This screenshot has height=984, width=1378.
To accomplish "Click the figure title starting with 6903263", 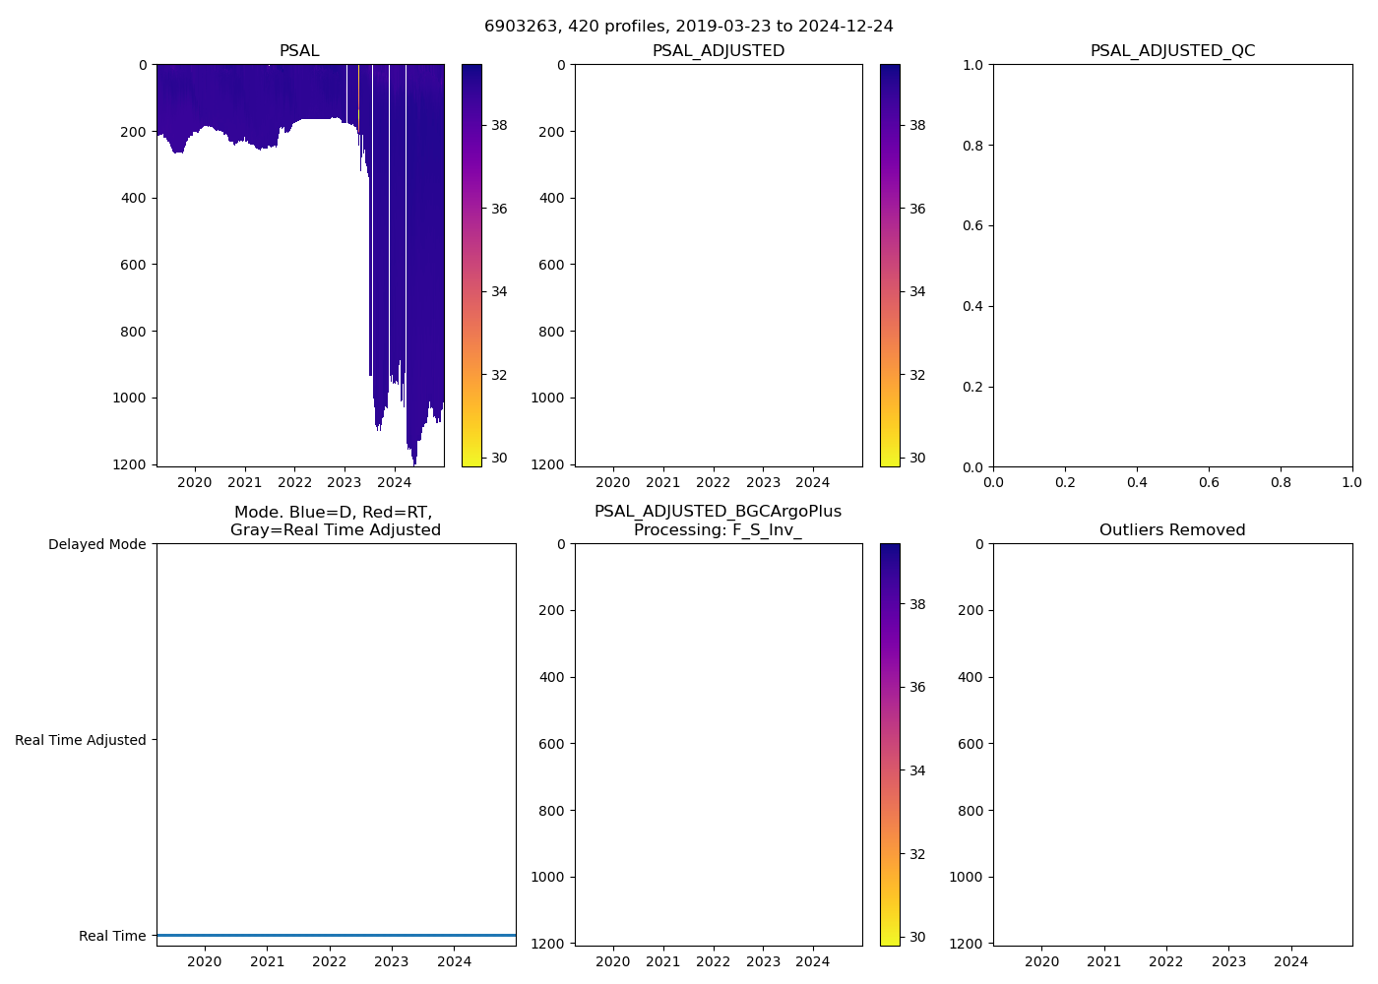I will click(x=688, y=27).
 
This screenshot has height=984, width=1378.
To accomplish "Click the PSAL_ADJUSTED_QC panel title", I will click(x=1172, y=51).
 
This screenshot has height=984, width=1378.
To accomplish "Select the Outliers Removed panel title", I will click(x=1172, y=530).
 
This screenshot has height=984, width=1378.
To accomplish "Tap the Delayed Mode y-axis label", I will click(x=96, y=544).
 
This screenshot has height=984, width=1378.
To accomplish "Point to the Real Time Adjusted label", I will click(x=81, y=740).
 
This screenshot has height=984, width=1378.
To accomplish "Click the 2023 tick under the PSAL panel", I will click(x=344, y=482).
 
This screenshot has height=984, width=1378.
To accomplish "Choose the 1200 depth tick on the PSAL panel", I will click(x=131, y=464).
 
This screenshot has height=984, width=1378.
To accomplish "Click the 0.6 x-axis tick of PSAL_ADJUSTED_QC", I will click(x=1209, y=482).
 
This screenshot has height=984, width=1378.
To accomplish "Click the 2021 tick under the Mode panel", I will click(x=267, y=961).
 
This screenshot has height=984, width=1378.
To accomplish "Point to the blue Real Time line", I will click(x=336, y=935).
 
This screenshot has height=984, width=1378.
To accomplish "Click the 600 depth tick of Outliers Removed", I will click(x=971, y=744).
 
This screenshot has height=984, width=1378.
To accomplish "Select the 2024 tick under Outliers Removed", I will click(x=1291, y=961).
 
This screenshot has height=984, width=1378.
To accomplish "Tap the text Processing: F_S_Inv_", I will click(x=718, y=530).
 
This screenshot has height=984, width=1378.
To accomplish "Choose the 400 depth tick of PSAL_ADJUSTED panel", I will click(x=552, y=198).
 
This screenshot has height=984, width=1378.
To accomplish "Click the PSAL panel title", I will click(x=299, y=51).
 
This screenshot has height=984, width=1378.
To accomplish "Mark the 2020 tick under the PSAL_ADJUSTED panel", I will click(x=613, y=482).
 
